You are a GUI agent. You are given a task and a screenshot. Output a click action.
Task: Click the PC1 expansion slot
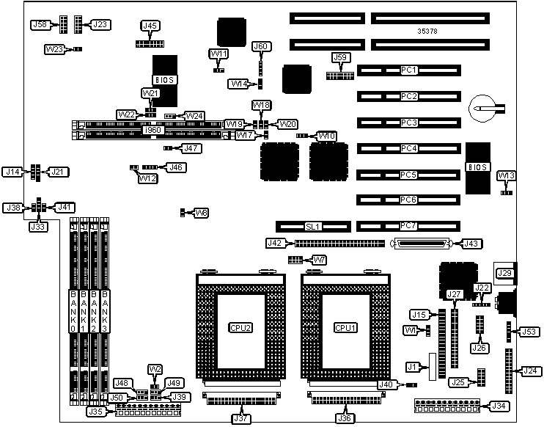pyautogui.click(x=408, y=70)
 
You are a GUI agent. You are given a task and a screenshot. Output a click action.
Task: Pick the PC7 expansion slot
pyautogui.click(x=408, y=225)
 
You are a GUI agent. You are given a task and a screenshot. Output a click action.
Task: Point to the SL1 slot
pyautogui.click(x=312, y=226)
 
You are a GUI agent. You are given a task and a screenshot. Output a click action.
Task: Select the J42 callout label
pyautogui.click(x=274, y=243)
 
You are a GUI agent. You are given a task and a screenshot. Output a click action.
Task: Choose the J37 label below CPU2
pyautogui.click(x=240, y=419)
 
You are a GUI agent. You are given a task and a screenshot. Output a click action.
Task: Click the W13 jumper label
pyautogui.click(x=506, y=175)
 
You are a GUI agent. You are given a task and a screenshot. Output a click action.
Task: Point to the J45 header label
pyautogui.click(x=150, y=26)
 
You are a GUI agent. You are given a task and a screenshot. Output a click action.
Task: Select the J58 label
pyautogui.click(x=40, y=24)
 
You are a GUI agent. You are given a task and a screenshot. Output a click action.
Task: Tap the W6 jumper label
pyautogui.click(x=201, y=213)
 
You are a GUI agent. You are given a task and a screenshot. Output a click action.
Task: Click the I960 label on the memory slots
pyautogui.click(x=152, y=130)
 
